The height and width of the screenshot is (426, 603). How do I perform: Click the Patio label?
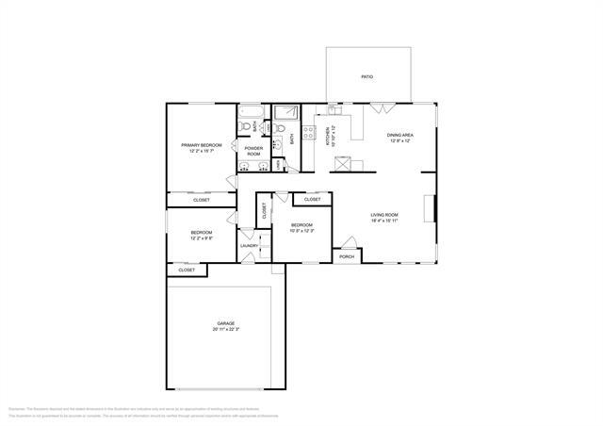(x=367, y=77)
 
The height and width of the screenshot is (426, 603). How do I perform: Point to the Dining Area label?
(x=400, y=139)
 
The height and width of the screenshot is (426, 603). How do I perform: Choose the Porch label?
(x=347, y=256)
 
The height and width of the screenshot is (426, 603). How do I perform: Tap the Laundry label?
(x=249, y=246)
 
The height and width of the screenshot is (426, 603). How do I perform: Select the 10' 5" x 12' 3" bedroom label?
(x=301, y=228)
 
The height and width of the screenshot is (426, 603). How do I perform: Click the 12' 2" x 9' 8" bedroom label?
(x=202, y=236)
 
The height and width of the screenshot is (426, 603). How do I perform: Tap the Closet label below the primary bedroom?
(x=202, y=200)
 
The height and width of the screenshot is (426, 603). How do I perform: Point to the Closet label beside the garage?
(x=187, y=270)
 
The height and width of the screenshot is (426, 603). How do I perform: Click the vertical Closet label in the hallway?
(x=265, y=212)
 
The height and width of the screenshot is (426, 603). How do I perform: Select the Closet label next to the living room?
(x=312, y=200)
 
